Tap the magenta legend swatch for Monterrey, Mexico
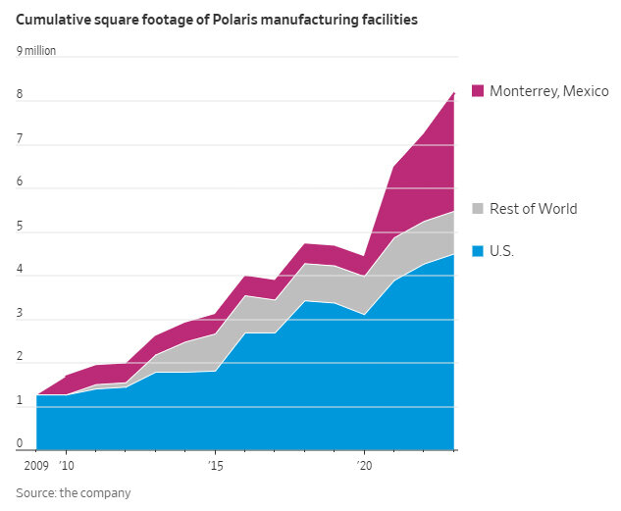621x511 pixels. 478,91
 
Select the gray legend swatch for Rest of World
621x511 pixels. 478,209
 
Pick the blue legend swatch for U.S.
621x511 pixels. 478,252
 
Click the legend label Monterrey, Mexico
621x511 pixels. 549,91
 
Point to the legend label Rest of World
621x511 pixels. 533,209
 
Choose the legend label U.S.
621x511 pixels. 502,252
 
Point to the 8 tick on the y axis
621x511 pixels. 19,95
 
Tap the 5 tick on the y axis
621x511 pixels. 19,227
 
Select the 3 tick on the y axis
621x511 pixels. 19,314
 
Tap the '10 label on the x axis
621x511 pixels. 67,465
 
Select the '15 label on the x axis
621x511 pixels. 215,465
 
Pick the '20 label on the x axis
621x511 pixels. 364,465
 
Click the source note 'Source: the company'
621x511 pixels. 73,493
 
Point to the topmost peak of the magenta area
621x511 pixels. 454,92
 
